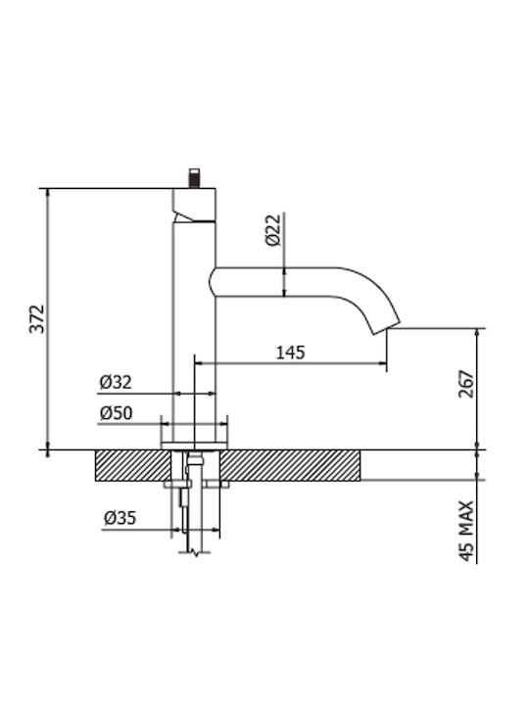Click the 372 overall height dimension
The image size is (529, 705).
pyautogui.click(x=38, y=318)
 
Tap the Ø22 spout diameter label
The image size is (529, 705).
pyautogui.click(x=273, y=230)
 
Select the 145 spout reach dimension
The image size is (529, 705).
pyautogui.click(x=290, y=352)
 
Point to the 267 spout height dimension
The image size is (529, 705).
pyautogui.click(x=466, y=384)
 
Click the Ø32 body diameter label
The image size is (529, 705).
pyautogui.click(x=116, y=382)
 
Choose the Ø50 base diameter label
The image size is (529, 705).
pyautogui.click(x=116, y=413)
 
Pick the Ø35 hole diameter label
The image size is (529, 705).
pyautogui.click(x=120, y=518)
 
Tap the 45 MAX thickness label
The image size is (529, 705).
pyautogui.click(x=466, y=531)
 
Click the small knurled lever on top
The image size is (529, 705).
pyautogui.click(x=194, y=178)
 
